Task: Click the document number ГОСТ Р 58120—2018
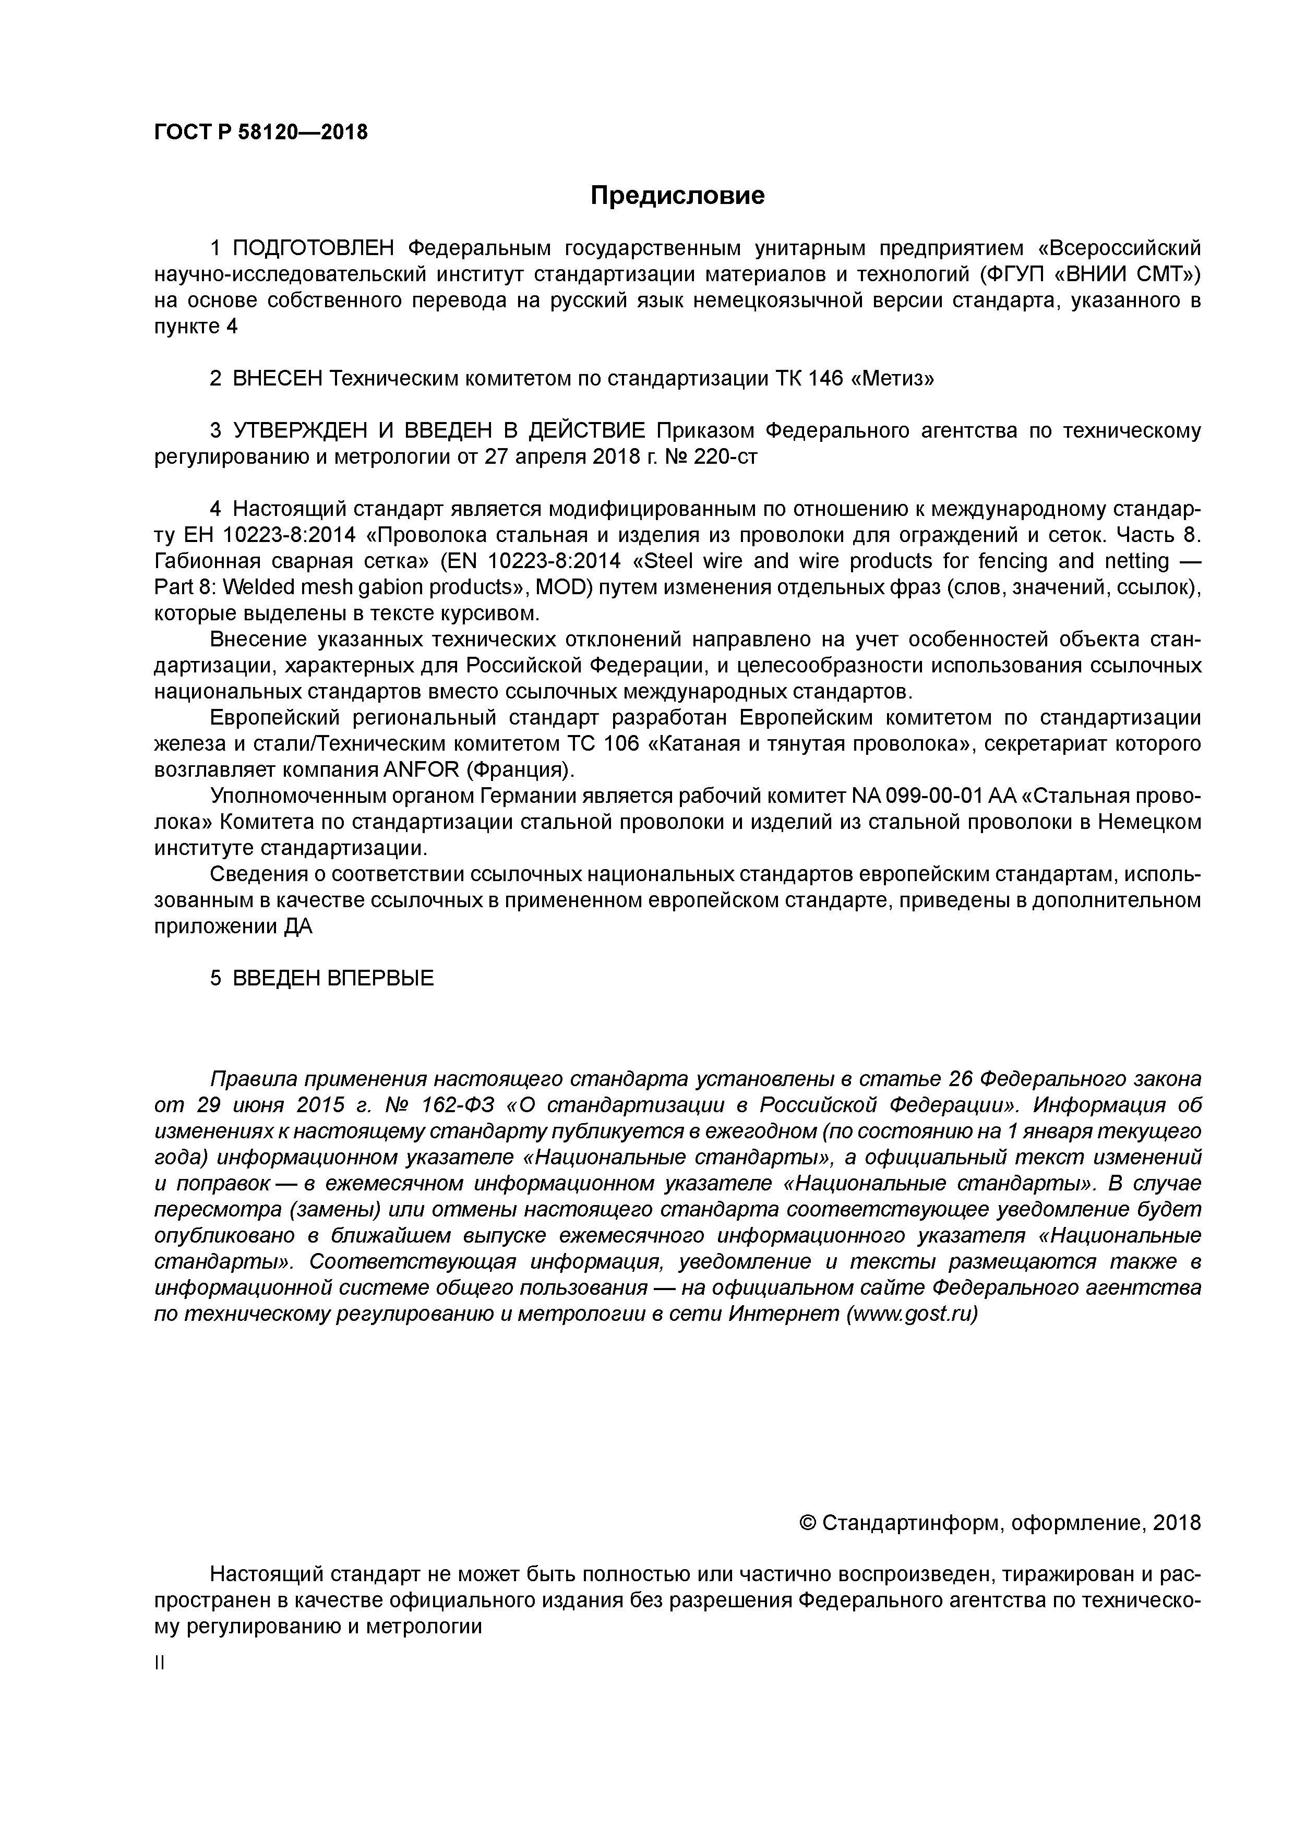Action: tap(261, 133)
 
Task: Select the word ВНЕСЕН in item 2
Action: tap(278, 379)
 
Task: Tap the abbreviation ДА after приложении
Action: tap(298, 927)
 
